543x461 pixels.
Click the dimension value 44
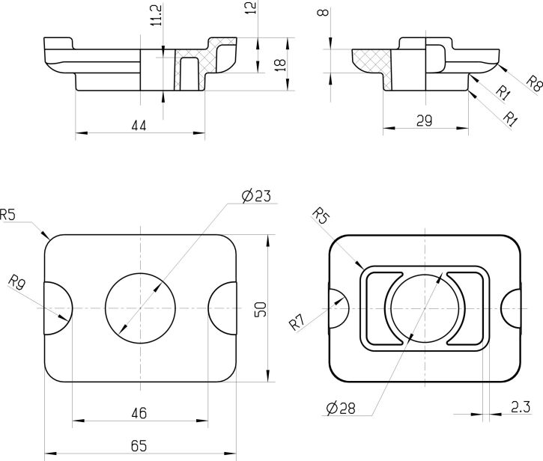[x=139, y=125]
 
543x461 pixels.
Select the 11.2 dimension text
[x=157, y=15]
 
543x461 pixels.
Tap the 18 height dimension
[x=280, y=64]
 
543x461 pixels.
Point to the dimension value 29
[x=424, y=120]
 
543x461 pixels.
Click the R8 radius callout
[x=534, y=83]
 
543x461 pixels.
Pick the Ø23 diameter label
[x=256, y=196]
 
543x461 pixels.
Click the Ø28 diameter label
[x=341, y=408]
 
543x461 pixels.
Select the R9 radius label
[x=16, y=281]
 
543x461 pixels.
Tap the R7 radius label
[x=297, y=323]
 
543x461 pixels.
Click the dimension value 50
[x=261, y=309]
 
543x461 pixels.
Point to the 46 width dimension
[x=139, y=413]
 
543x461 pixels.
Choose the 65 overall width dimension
[x=139, y=446]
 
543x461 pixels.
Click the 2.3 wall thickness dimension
[x=521, y=407]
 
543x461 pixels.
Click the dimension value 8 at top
[x=324, y=13]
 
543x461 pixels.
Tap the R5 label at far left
[x=7, y=215]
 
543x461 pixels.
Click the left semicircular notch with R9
[x=58, y=308]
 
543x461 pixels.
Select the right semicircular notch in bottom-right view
[x=511, y=308]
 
